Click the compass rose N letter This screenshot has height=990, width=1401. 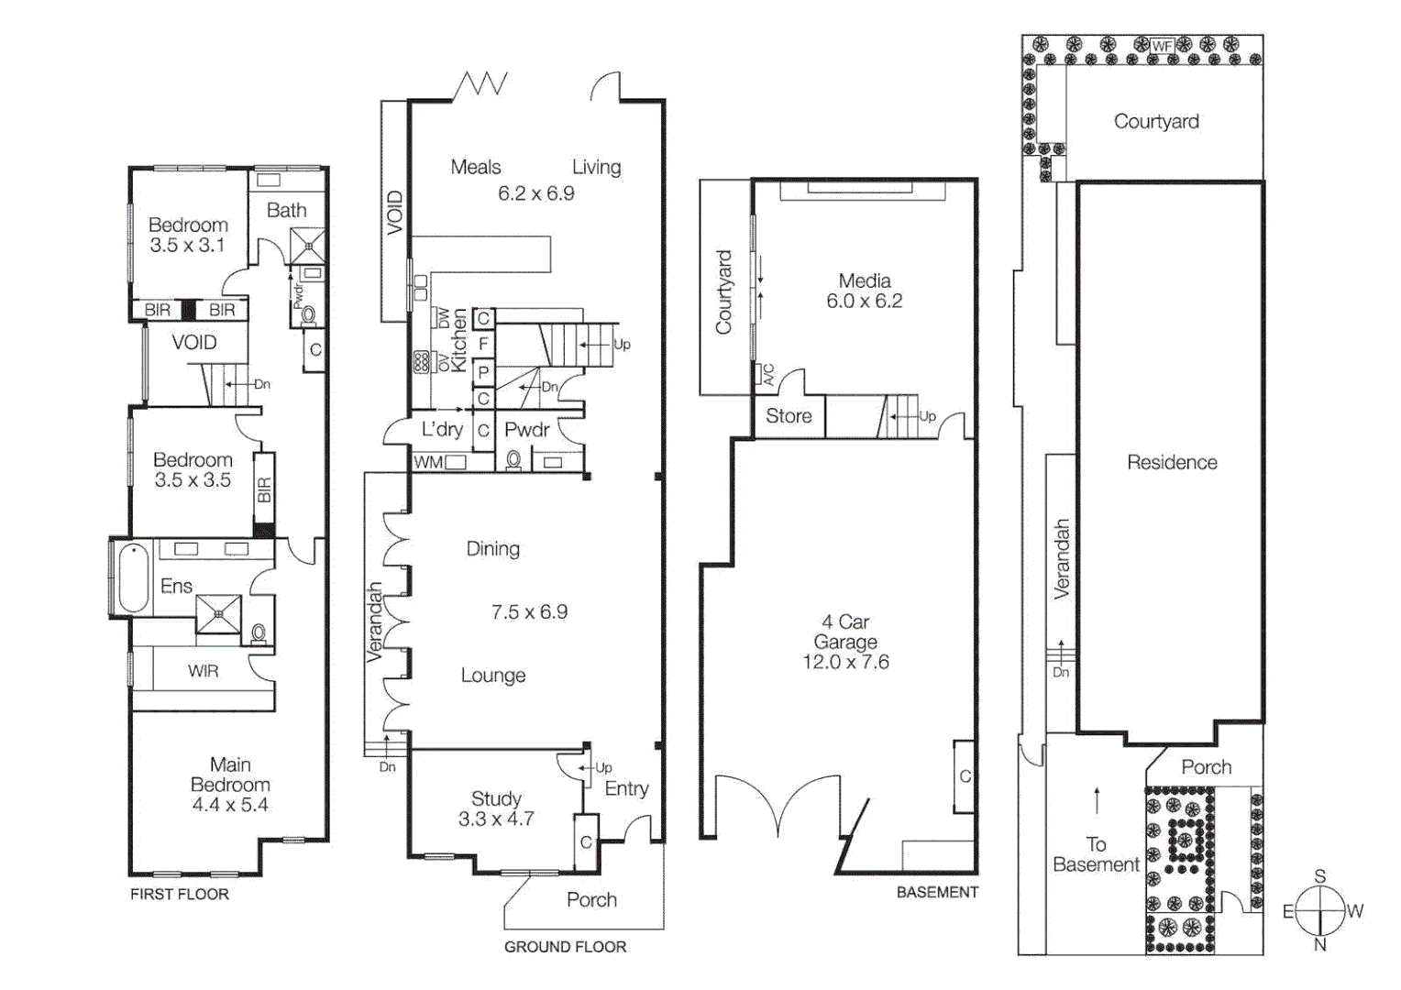[1319, 944]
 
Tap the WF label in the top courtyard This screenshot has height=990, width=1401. [1162, 46]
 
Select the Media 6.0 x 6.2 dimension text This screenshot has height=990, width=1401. [864, 302]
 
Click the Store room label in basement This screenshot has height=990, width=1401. [789, 416]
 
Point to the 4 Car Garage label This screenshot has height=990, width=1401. [845, 632]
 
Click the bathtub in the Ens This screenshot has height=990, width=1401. [134, 578]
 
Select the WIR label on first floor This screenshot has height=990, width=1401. [203, 671]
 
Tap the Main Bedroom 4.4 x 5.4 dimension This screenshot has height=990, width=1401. [230, 805]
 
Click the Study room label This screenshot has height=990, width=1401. [496, 798]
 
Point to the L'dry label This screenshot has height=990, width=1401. [442, 429]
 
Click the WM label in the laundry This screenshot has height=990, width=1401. [427, 462]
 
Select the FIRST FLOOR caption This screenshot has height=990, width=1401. [180, 895]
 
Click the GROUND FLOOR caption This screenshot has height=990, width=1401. [565, 947]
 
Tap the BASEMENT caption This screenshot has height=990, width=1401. [937, 892]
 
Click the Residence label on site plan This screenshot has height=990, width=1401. [1172, 463]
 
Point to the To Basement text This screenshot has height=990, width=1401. [1096, 854]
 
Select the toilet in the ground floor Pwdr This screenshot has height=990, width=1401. [514, 460]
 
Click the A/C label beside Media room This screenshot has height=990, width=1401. [768, 375]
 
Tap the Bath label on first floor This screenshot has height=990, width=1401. [286, 210]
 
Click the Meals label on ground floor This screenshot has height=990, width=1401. [476, 167]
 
